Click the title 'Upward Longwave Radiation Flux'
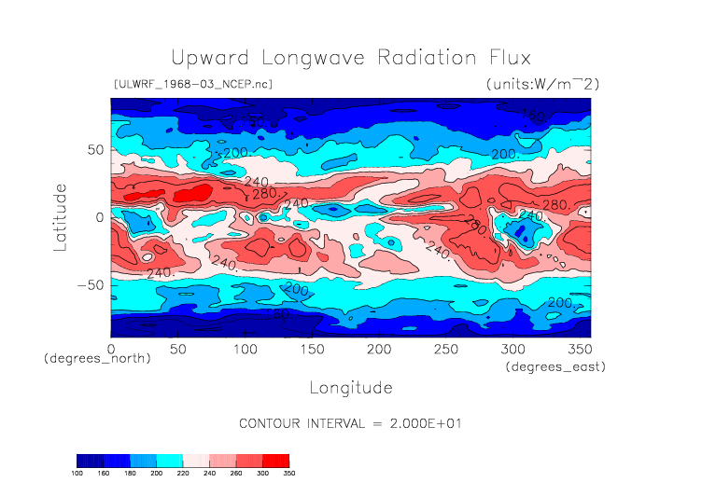pyautogui.click(x=351, y=57)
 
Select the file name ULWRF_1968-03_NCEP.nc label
pyautogui.click(x=192, y=84)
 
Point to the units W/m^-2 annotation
pyautogui.click(x=542, y=84)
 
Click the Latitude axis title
pyautogui.click(x=61, y=217)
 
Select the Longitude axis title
pyautogui.click(x=351, y=387)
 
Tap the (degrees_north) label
pyautogui.click(x=97, y=359)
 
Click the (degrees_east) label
pyautogui.click(x=556, y=367)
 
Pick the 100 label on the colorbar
pyautogui.click(x=77, y=474)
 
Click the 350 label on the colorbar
pyautogui.click(x=289, y=474)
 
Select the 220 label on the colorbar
pyautogui.click(x=183, y=474)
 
